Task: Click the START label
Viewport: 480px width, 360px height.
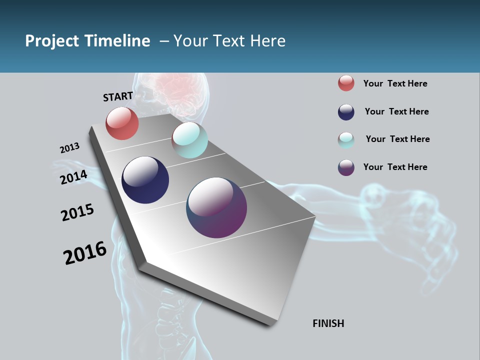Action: point(118,96)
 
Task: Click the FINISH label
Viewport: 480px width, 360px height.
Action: point(328,323)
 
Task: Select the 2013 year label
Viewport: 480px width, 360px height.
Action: point(69,148)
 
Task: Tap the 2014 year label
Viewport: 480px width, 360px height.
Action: point(73,177)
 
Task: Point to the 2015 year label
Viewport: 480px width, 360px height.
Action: point(77,212)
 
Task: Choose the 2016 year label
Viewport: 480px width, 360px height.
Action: point(85,252)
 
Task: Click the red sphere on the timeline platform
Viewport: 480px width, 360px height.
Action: point(122,123)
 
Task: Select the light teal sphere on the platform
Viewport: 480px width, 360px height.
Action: point(189,140)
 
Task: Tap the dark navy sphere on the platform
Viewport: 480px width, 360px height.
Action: point(145,180)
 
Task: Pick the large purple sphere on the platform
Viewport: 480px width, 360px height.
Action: point(216,207)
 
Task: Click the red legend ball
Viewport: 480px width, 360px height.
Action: point(346,83)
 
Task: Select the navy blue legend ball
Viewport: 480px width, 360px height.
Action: point(346,111)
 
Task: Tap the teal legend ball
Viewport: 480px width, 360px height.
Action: point(346,139)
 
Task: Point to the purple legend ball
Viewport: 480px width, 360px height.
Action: point(346,167)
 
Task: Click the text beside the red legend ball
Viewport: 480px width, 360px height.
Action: point(395,83)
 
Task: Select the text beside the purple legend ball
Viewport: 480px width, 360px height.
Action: point(395,167)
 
